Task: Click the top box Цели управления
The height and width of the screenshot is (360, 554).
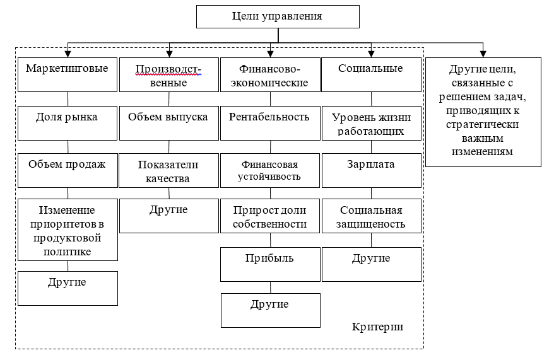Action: (277, 16)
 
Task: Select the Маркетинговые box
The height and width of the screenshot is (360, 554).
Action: (68, 74)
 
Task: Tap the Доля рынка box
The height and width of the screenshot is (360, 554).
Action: (68, 123)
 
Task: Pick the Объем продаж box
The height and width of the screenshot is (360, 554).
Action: (68, 170)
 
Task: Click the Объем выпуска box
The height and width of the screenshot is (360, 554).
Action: (168, 123)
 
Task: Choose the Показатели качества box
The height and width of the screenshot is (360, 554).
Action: (168, 171)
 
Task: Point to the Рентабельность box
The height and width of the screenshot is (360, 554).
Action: (270, 123)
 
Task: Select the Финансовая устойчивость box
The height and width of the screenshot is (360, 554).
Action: (270, 170)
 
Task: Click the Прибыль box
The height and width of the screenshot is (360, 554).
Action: (270, 264)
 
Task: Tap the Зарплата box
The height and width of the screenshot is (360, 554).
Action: (371, 170)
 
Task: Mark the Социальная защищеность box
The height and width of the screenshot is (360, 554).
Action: (371, 216)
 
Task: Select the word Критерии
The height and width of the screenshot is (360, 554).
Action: (377, 328)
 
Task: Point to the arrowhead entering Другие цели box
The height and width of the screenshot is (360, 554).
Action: (483, 54)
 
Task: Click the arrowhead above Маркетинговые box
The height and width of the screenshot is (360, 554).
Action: (68, 54)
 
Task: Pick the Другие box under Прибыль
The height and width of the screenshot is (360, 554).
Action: (270, 310)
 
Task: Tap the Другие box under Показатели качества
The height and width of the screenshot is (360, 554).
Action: (168, 216)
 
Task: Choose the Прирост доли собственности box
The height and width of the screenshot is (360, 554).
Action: (270, 216)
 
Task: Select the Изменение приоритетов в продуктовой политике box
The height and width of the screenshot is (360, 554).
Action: (68, 229)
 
